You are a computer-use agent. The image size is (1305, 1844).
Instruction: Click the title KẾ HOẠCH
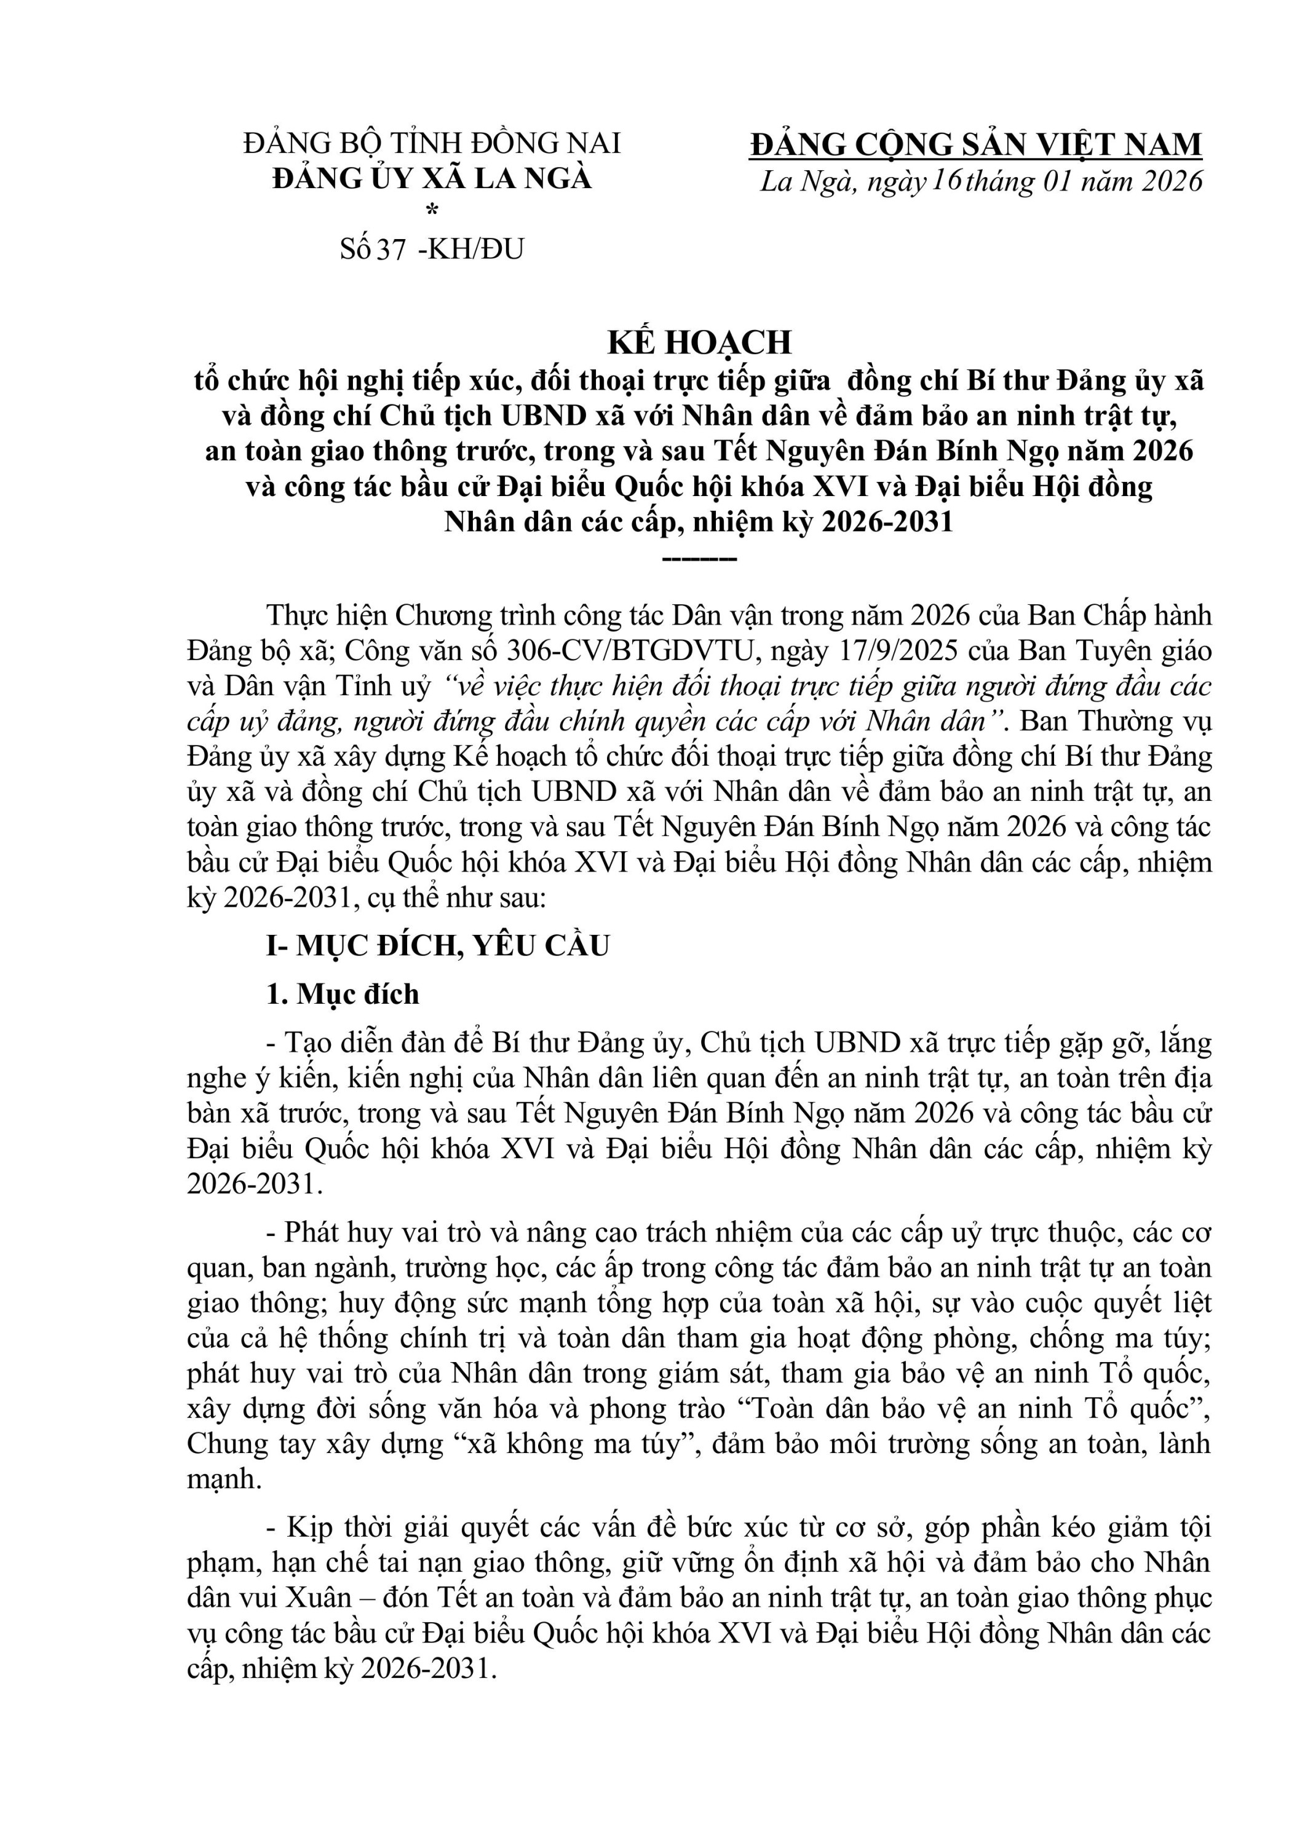point(699,342)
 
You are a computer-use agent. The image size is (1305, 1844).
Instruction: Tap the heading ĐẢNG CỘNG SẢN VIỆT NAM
point(975,144)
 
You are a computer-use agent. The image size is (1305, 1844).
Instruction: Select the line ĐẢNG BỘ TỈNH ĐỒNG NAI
point(432,143)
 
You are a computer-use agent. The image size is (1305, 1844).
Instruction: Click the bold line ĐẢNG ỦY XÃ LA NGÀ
point(432,178)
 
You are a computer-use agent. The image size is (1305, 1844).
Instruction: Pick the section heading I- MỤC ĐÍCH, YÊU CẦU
point(438,945)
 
